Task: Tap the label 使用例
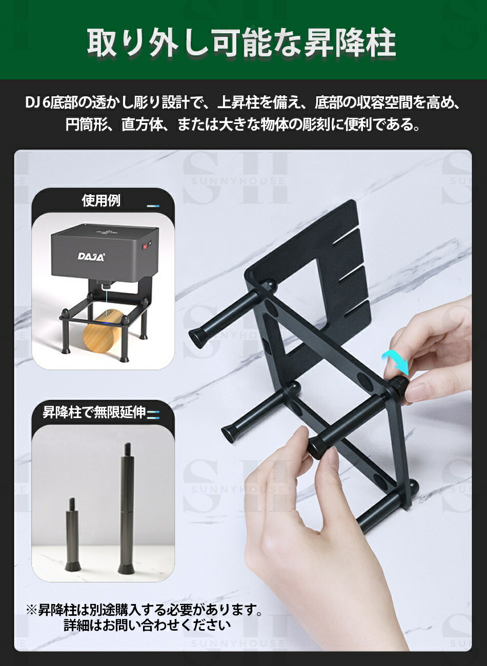click(x=101, y=200)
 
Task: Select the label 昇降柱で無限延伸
click(x=94, y=411)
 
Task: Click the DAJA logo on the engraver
click(x=91, y=256)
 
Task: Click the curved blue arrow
click(x=397, y=361)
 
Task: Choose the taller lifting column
click(x=126, y=512)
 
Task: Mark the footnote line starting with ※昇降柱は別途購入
click(x=145, y=610)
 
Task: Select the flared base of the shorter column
click(x=73, y=566)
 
